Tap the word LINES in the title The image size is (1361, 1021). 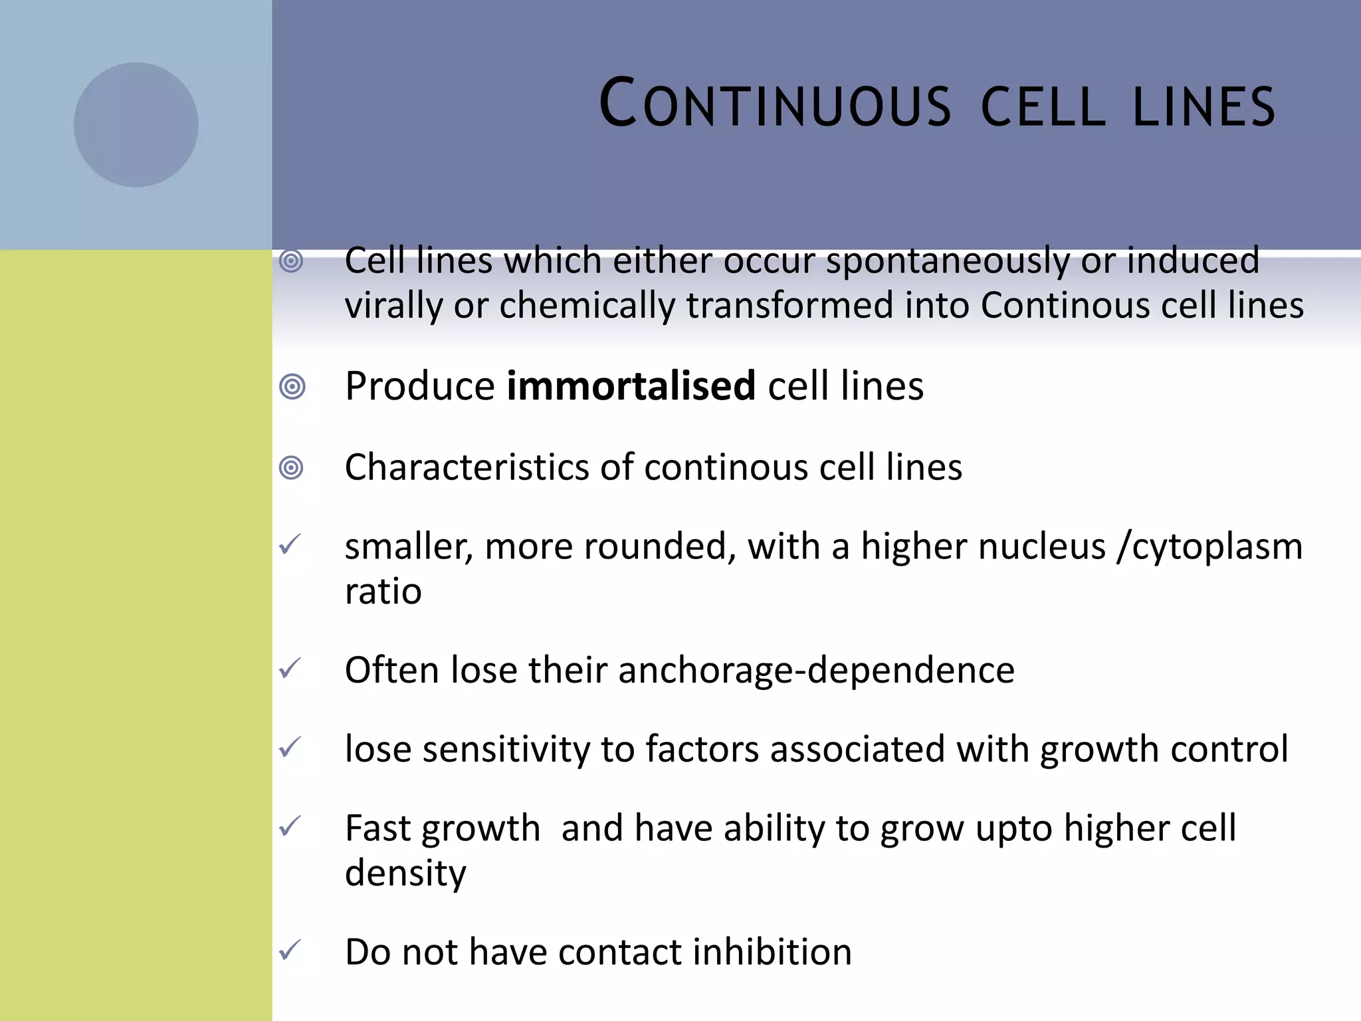[1204, 106]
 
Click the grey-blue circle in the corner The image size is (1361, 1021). [136, 125]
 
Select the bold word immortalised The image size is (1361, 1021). [631, 386]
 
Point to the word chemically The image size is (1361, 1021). [587, 306]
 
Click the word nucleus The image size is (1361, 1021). [983, 546]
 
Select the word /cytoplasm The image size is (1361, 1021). [1209, 546]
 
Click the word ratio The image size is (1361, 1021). [383, 592]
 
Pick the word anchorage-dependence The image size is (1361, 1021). [816, 670]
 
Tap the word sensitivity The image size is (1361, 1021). [506, 749]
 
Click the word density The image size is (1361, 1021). [405, 873]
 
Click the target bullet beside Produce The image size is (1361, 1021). [292, 386]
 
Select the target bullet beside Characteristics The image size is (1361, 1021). [292, 468]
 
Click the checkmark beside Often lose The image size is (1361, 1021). [290, 668]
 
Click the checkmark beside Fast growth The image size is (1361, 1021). [290, 826]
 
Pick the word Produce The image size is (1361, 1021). [420, 386]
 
